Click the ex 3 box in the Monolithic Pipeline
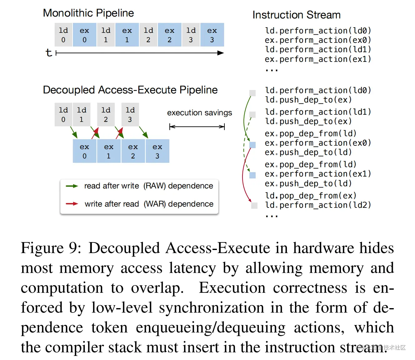tap(212, 35)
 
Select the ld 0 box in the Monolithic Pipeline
tap(63, 35)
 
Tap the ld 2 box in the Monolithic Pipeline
tap(148, 35)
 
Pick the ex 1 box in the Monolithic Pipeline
tap(127, 35)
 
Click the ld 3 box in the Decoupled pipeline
tap(130, 114)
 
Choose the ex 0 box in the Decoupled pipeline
tap(84, 151)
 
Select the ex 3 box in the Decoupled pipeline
tap(157, 151)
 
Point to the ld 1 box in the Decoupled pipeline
tap(82, 114)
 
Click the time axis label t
tap(48, 52)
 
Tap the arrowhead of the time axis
tap(221, 53)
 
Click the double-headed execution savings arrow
tap(197, 127)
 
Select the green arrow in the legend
tap(72, 186)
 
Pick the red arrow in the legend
tap(72, 204)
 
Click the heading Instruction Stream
tap(296, 15)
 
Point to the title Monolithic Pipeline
tap(88, 13)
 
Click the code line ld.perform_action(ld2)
tap(318, 205)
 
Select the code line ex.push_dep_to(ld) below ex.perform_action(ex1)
tap(308, 183)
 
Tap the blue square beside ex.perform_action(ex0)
tap(252, 145)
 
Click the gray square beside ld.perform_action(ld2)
tap(254, 206)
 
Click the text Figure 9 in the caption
tap(51, 248)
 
